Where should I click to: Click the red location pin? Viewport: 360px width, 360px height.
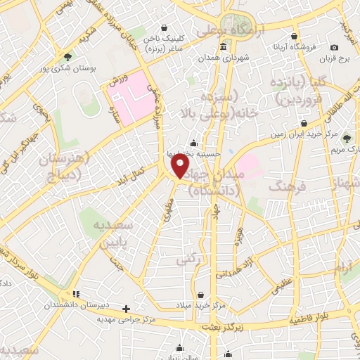[x=181, y=166]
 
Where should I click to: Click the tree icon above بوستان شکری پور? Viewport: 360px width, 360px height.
[x=67, y=57]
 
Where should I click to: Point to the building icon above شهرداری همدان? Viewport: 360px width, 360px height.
[x=224, y=48]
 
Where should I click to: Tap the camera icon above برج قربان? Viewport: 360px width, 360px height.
[x=334, y=48]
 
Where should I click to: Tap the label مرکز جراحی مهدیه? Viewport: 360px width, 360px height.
[x=129, y=319]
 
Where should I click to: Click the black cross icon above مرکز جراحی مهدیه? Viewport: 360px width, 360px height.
[x=126, y=308]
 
